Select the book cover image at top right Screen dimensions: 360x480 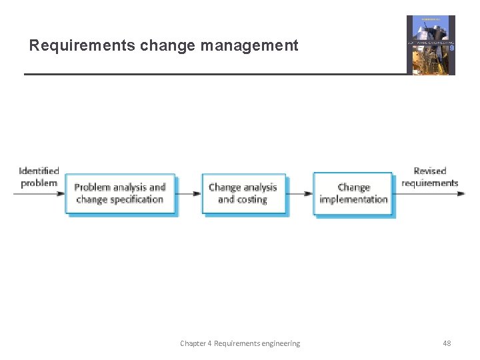click(431, 45)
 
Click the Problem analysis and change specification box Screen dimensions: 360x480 click(120, 193)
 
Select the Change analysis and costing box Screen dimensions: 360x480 click(243, 193)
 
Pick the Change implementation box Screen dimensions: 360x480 click(353, 193)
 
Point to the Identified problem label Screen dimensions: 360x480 click(39, 177)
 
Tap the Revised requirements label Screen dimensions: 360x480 click(430, 177)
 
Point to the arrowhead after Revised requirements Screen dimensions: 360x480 click(461, 193)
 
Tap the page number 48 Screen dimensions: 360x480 click(447, 343)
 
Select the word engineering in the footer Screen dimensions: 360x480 click(281, 343)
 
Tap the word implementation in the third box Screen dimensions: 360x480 click(353, 199)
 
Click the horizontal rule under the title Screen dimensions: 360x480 click(213, 74)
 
